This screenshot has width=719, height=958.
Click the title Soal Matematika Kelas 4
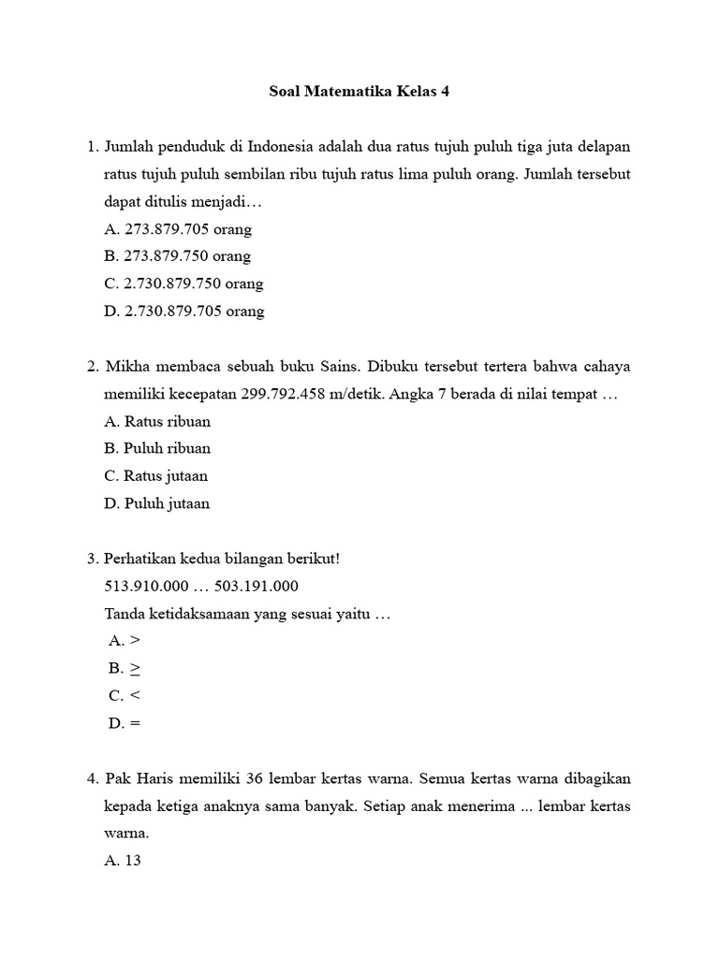[359, 93]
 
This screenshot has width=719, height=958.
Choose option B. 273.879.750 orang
[178, 256]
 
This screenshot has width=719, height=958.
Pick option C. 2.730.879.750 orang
[183, 283]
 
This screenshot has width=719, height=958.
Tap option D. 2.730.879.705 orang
[184, 312]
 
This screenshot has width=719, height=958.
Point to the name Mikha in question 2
[127, 366]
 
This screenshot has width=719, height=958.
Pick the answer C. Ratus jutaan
[156, 476]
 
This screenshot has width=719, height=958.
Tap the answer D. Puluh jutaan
[156, 503]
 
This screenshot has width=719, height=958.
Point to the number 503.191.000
[256, 586]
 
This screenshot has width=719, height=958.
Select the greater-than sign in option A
[136, 641]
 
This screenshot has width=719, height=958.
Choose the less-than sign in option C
[136, 696]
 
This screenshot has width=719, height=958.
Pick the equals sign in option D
[137, 723]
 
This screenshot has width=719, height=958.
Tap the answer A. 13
[123, 861]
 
